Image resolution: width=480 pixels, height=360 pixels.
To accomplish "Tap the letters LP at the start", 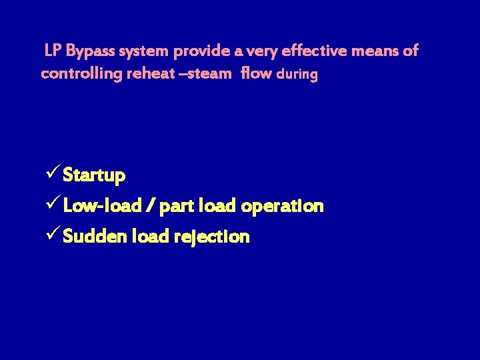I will pyautogui.click(x=53, y=51).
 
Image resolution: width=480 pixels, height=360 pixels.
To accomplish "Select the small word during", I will pyautogui.click(x=297, y=74).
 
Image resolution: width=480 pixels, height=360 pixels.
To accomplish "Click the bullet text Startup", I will pyautogui.click(x=94, y=176).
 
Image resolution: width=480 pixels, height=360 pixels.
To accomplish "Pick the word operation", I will pyautogui.click(x=283, y=206).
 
